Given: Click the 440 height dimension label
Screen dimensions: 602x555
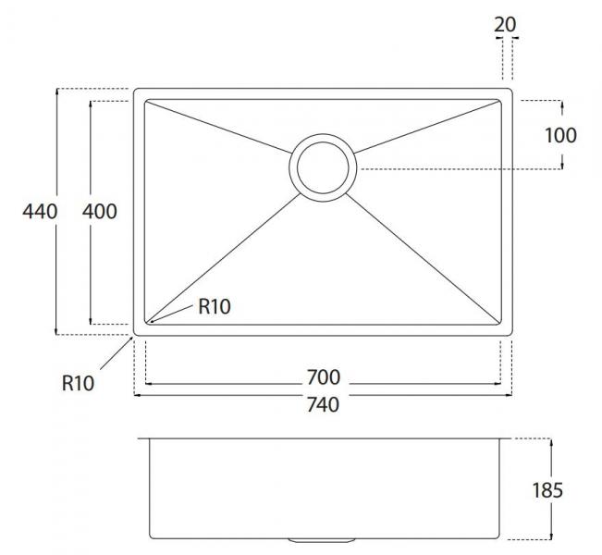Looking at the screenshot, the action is [x=40, y=212].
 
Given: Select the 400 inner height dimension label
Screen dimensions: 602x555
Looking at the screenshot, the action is [x=100, y=212].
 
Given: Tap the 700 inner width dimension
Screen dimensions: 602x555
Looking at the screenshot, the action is [x=324, y=377].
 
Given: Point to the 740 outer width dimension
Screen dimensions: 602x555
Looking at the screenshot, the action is [x=324, y=405].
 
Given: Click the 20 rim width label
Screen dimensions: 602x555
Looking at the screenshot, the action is [x=505, y=25].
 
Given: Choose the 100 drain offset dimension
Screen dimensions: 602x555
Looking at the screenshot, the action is [x=561, y=136].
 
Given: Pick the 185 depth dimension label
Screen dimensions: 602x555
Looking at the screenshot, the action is [x=547, y=490].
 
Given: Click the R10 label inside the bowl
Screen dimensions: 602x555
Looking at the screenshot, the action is [x=215, y=306].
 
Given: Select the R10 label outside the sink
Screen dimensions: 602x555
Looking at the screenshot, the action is [x=78, y=383].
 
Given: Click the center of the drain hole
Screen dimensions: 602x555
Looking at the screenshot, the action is [x=323, y=167].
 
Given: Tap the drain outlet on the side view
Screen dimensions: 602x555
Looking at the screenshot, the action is [x=322, y=540].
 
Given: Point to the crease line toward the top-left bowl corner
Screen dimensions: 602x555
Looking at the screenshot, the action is [x=219, y=127].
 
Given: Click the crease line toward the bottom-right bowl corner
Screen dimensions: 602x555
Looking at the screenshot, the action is [x=424, y=258].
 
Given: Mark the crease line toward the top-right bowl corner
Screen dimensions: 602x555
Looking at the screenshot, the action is [x=426, y=127].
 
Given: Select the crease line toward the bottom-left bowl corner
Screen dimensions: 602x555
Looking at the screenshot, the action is [x=223, y=258].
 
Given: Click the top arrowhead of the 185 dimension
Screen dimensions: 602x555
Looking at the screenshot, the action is [x=551, y=442].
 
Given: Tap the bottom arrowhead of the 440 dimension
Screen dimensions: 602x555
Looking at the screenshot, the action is [x=56, y=331].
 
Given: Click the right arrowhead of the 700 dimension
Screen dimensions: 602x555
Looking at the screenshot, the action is [x=498, y=383].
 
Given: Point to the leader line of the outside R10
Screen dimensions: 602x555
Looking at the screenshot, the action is [x=117, y=353].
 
